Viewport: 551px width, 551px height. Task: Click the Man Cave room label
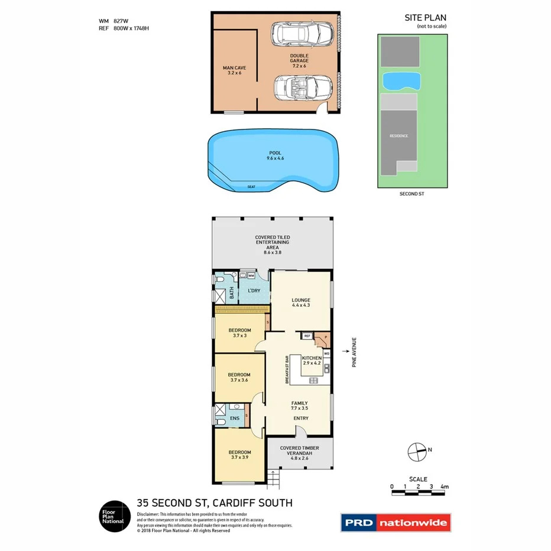pos(235,70)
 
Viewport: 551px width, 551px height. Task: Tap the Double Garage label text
pos(299,61)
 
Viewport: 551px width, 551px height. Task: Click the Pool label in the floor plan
pos(275,155)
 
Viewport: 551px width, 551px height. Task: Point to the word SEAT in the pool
pos(252,187)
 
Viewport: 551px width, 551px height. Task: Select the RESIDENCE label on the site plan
pos(398,136)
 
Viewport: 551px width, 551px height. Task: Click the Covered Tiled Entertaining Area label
pos(273,245)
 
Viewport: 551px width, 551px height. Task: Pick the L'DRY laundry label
pos(254,291)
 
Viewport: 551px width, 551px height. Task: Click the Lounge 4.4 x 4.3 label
pos(301,303)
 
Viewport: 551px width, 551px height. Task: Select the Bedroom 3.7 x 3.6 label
pos(239,377)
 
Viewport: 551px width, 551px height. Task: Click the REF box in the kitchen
pos(307,336)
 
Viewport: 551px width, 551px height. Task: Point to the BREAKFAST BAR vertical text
pos(287,370)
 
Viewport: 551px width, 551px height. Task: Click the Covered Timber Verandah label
pos(299,452)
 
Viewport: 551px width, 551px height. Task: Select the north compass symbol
pos(417,451)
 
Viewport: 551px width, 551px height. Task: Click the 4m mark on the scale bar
pos(445,487)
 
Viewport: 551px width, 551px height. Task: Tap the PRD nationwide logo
pos(396,523)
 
